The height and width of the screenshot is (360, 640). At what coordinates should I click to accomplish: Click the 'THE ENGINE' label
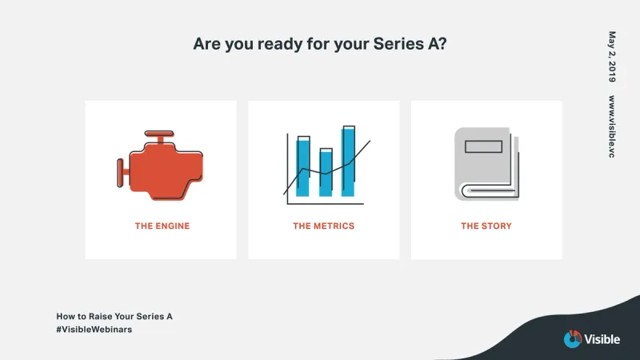(x=162, y=226)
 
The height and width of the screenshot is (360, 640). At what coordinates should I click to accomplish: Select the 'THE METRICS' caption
(x=324, y=226)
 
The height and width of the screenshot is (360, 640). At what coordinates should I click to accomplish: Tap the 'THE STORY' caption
(x=486, y=226)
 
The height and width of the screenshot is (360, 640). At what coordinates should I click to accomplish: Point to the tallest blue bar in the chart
(x=348, y=162)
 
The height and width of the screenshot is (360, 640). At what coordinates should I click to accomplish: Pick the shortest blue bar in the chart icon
(x=326, y=173)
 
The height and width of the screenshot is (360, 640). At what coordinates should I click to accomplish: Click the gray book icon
(x=486, y=164)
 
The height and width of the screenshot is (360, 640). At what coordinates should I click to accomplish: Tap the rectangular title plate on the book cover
(x=484, y=146)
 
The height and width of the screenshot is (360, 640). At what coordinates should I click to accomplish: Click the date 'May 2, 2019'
(x=612, y=57)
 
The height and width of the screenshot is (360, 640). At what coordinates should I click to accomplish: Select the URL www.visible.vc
(x=612, y=126)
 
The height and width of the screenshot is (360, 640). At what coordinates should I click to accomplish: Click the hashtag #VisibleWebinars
(x=94, y=330)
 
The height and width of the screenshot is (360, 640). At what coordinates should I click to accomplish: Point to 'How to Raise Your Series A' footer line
(x=114, y=316)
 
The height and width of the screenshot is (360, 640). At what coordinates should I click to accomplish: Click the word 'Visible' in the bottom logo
(x=602, y=339)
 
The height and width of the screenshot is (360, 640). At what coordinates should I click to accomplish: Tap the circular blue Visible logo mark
(x=573, y=339)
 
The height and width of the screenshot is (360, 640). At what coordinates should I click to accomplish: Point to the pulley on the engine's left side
(x=121, y=173)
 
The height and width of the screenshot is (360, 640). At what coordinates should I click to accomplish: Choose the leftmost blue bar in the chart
(x=303, y=166)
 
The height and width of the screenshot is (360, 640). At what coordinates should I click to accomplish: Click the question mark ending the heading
(x=442, y=43)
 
